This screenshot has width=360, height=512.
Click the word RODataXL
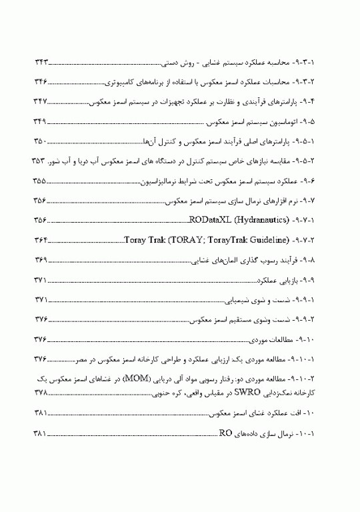point(209,219)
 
